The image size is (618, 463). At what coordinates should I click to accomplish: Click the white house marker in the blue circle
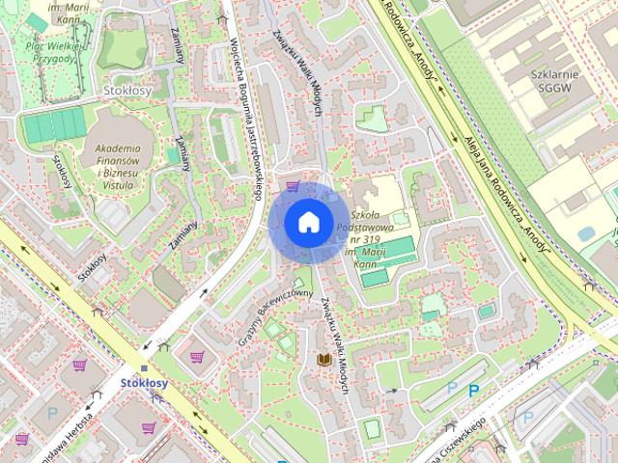(x=307, y=222)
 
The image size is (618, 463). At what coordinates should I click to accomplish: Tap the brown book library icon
(x=325, y=360)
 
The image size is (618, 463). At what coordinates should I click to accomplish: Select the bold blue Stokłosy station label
(x=144, y=383)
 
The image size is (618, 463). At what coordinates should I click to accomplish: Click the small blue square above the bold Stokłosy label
(x=144, y=368)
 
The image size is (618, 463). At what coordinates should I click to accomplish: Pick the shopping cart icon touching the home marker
(x=291, y=187)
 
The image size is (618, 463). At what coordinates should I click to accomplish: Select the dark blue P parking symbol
(x=473, y=391)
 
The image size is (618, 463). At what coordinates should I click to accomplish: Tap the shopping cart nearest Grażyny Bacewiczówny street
(x=197, y=356)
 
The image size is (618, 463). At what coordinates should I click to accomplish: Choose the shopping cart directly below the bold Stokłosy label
(x=149, y=427)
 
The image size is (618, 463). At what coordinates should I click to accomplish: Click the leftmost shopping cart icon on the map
(x=22, y=439)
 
